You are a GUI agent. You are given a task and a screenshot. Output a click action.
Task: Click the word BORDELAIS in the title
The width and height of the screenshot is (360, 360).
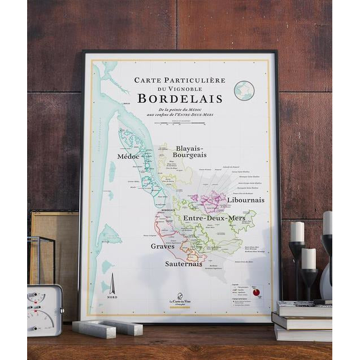180,98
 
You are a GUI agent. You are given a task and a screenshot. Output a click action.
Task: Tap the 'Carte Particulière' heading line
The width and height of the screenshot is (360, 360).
180,80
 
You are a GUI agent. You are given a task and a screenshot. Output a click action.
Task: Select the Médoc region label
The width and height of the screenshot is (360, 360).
128,156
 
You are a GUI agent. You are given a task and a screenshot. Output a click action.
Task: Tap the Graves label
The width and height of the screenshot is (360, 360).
162,246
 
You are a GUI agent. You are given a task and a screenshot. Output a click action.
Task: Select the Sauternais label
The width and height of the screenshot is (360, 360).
184,264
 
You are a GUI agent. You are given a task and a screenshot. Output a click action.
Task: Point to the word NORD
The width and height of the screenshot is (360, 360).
112,297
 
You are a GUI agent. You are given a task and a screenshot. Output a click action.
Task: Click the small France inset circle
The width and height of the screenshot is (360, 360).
244,90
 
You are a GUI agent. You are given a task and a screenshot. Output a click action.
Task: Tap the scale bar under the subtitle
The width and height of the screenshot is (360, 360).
180,122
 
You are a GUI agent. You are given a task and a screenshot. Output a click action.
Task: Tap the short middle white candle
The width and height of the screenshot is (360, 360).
308,258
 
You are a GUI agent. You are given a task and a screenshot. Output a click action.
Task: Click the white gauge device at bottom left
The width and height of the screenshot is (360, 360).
44,310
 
